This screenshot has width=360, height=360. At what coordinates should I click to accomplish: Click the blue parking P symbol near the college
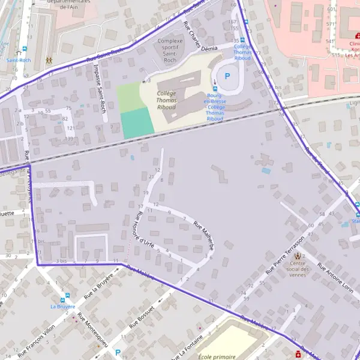tap(227, 76)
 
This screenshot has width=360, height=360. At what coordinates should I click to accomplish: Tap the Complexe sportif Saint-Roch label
tap(170, 47)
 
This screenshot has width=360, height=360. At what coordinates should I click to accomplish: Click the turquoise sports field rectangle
tap(136, 123)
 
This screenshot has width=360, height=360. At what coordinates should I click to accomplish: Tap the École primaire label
tap(217, 356)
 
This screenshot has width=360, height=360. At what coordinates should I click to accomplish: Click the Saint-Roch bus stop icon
tap(25, 49)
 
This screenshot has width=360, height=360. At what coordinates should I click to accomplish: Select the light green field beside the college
tap(130, 98)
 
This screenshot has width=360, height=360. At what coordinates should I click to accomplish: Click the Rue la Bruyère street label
tap(98, 287)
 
